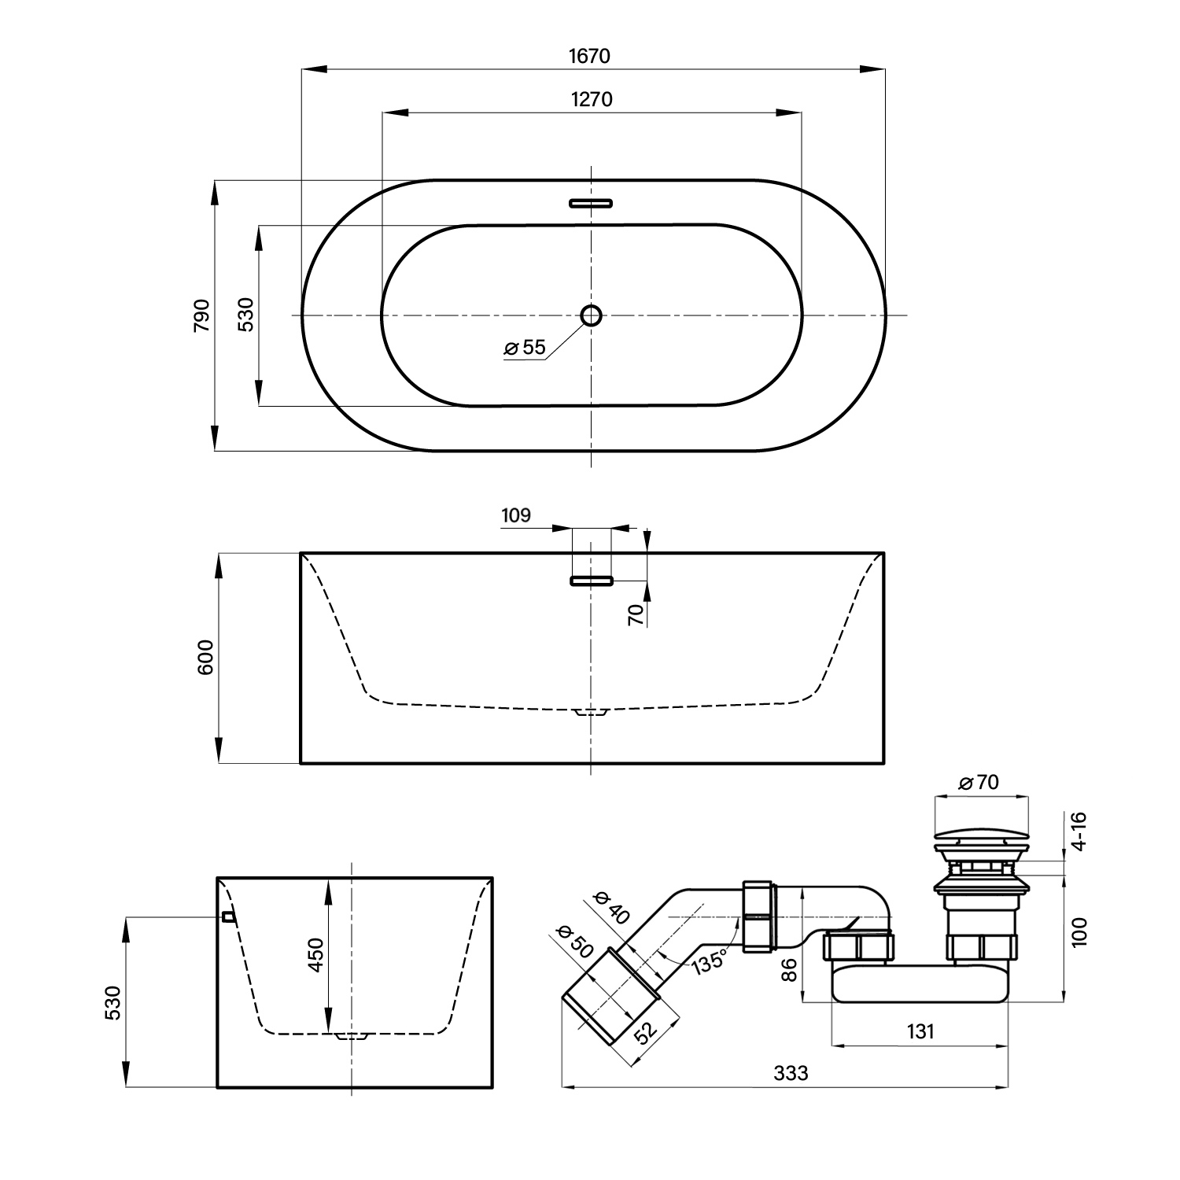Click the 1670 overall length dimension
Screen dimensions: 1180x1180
(x=589, y=56)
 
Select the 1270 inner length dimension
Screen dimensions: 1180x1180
(x=591, y=99)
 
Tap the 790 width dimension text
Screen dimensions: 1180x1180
(x=202, y=315)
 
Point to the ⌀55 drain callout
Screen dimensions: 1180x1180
(x=525, y=347)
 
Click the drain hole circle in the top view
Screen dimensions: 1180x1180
(x=591, y=315)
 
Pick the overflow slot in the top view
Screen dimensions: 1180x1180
(x=591, y=203)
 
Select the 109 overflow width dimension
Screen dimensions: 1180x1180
(x=516, y=515)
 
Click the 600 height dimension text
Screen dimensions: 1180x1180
(x=205, y=658)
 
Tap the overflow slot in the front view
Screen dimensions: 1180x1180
(x=591, y=581)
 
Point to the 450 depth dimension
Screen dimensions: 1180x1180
(x=315, y=954)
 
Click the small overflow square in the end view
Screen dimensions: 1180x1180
(x=228, y=916)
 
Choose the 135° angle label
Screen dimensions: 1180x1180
(x=708, y=962)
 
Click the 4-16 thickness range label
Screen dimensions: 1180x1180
(x=1079, y=831)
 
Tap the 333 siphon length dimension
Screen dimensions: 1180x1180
(x=791, y=1072)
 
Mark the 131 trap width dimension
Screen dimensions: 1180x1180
(x=919, y=1031)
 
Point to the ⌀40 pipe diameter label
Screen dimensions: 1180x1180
(x=610, y=907)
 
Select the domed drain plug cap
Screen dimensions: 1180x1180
(x=981, y=832)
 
